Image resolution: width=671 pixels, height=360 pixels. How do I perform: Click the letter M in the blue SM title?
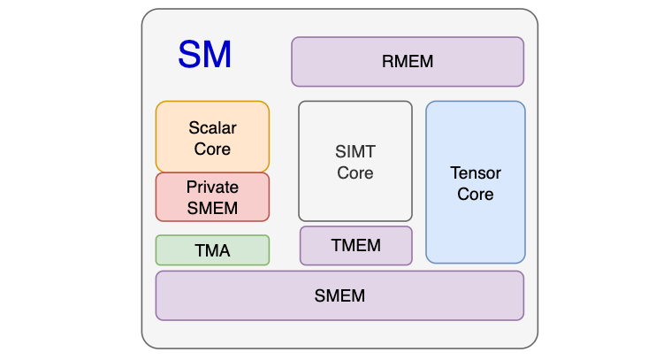(x=217, y=55)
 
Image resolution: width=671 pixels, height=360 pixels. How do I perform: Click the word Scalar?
(x=212, y=128)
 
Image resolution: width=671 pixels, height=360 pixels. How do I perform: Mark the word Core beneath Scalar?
(x=212, y=149)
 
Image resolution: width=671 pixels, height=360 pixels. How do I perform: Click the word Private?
(x=212, y=188)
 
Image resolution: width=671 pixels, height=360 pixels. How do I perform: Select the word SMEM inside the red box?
(x=212, y=209)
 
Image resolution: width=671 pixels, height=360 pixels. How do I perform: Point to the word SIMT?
(x=355, y=152)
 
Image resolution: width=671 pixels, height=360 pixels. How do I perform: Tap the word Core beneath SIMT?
(x=355, y=173)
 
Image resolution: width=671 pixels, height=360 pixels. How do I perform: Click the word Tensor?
(x=476, y=172)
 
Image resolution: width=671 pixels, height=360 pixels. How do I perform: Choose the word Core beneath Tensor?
(x=476, y=194)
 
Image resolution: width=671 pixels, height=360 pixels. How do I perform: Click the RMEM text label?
(x=408, y=62)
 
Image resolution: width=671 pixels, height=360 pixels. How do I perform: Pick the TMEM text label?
(x=356, y=246)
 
